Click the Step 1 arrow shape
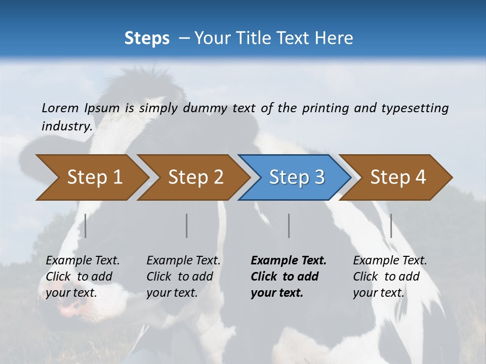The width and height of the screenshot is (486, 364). pos(91,177)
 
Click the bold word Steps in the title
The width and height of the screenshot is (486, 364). pos(147,38)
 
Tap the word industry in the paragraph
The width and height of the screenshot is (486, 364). pos(66,126)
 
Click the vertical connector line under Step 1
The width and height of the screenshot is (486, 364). pos(86,225)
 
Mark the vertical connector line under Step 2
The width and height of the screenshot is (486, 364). pos(187,225)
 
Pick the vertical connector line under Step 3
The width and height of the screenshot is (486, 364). pos(289,225)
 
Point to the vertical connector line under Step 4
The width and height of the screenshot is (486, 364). pos(391,225)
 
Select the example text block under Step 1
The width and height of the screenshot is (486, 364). pos(83,277)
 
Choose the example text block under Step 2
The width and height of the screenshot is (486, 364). pos(183,277)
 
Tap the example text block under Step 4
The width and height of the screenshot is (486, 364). pos(390,277)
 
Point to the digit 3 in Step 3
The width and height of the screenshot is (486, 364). pos(319,177)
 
